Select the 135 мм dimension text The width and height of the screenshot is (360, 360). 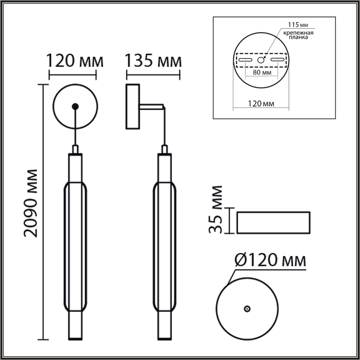click(x=153, y=61)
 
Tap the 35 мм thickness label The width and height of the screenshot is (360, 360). click(x=216, y=210)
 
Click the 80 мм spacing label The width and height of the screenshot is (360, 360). click(x=262, y=73)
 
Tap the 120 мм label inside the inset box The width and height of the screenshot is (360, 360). click(x=261, y=104)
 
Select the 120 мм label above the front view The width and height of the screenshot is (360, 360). click(x=75, y=61)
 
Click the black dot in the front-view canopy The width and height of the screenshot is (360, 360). click(x=75, y=106)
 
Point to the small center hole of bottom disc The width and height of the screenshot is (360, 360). click(x=247, y=309)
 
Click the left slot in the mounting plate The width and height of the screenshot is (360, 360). click(x=246, y=60)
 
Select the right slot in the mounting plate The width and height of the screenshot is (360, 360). click(x=277, y=60)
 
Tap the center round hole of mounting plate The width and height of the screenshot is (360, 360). click(x=261, y=60)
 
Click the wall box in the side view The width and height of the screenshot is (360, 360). click(x=133, y=106)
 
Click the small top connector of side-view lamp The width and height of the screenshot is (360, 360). click(x=165, y=149)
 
